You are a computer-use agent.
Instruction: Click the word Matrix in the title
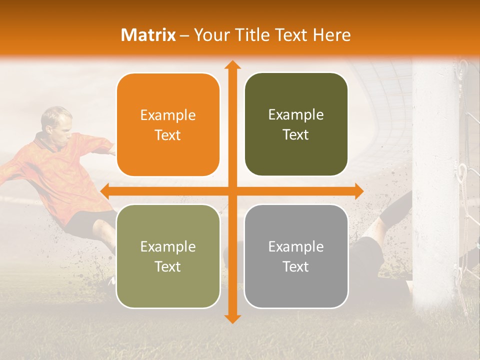[x=148, y=35]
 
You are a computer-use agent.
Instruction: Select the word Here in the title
[x=331, y=35]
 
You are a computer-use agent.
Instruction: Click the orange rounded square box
[x=168, y=124]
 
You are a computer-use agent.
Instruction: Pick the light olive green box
[x=168, y=256]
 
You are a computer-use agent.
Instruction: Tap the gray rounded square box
[x=296, y=256]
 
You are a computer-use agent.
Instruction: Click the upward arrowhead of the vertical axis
[x=232, y=64]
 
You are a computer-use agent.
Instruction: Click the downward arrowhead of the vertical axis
[x=232, y=318]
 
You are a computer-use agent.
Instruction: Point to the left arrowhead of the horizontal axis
[x=104, y=191]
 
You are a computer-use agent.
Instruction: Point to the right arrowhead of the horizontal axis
[x=359, y=191]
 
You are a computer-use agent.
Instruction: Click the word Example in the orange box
[x=168, y=115]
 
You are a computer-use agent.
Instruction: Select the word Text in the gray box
[x=296, y=266]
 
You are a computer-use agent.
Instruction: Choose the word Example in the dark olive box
[x=296, y=114]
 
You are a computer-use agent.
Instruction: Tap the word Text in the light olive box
[x=168, y=266]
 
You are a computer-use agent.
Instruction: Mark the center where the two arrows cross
[x=232, y=191]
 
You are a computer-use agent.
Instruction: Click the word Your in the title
[x=209, y=35]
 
